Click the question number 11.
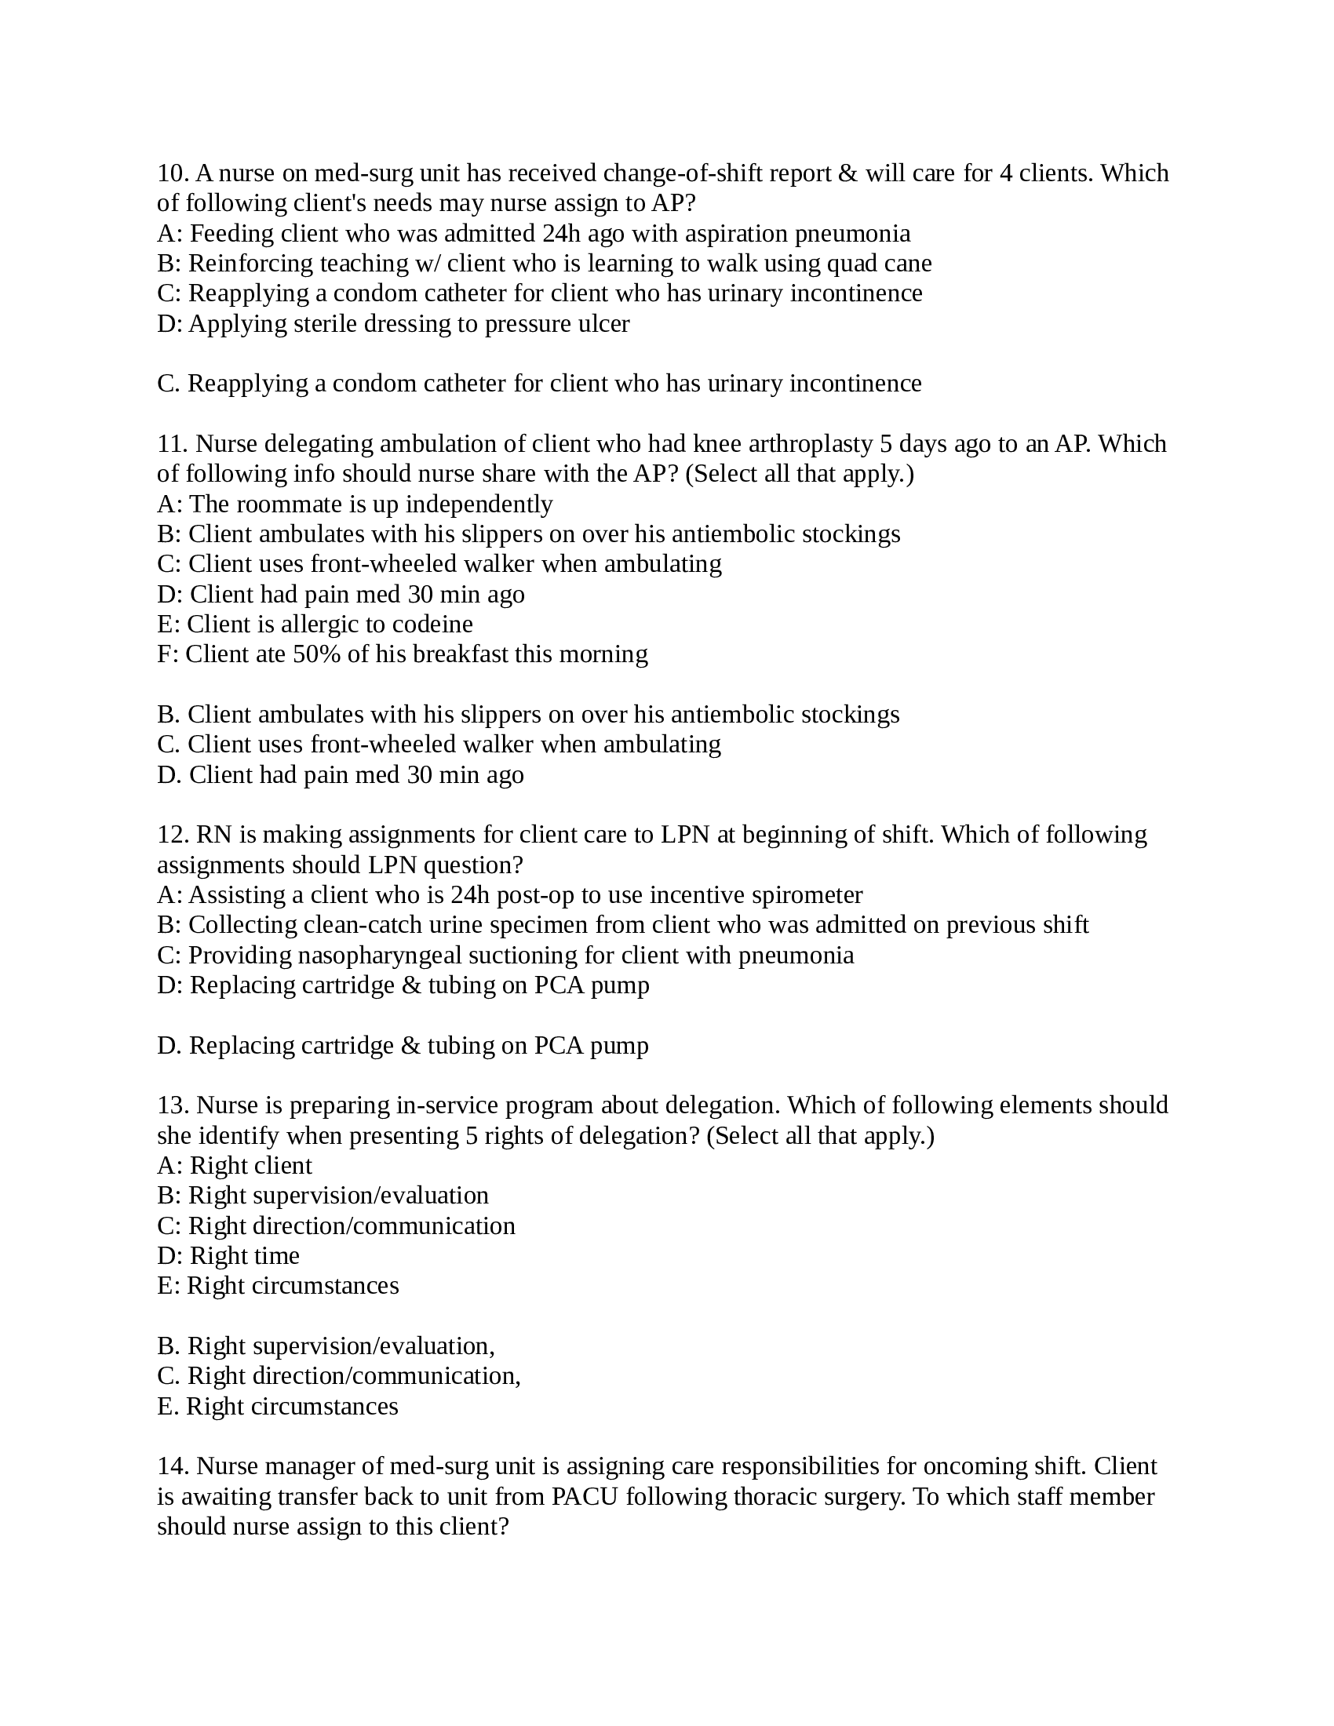[x=171, y=444]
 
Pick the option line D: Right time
[x=229, y=1256]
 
